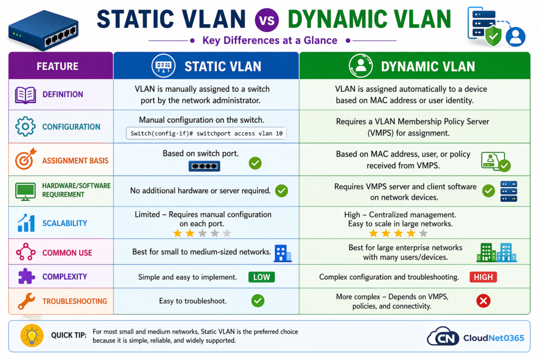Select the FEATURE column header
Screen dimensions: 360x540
57,66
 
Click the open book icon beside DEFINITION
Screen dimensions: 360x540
25,95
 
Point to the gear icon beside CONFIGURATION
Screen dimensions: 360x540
25,127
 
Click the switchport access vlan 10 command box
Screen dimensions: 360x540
206,133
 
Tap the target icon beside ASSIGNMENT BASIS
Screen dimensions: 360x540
25,159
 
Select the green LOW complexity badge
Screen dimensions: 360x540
261,277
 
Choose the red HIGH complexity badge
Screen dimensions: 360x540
484,277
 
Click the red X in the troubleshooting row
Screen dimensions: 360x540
483,301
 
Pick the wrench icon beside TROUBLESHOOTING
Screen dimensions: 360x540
25,301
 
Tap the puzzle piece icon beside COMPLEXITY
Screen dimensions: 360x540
25,277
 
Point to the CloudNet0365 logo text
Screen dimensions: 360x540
493,337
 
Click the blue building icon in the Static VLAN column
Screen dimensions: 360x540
283,252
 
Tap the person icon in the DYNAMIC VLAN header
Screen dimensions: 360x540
361,66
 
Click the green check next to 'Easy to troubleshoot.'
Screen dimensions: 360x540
257,301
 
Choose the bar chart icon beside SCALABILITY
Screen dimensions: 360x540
25,222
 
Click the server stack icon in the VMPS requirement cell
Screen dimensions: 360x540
508,191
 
